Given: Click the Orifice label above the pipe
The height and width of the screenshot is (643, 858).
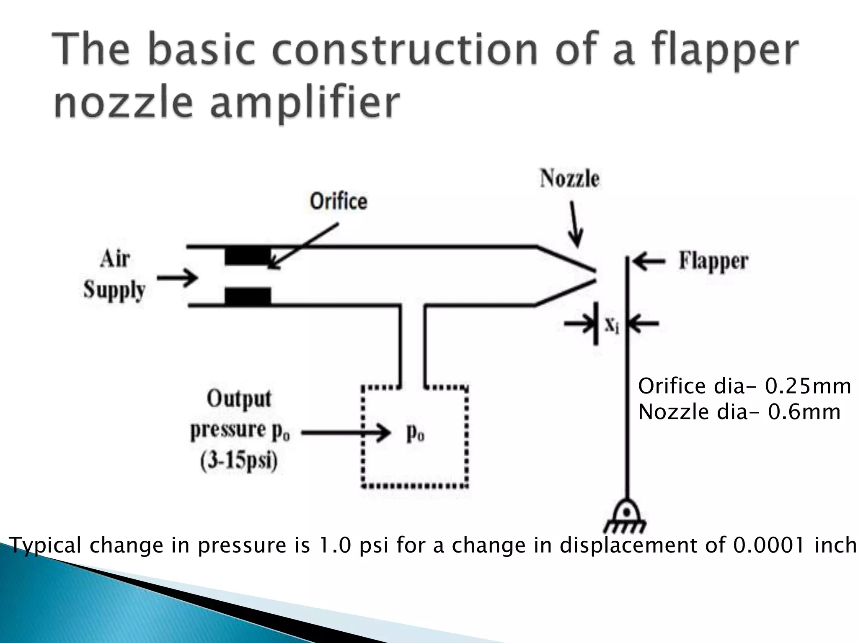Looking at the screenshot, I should tap(339, 201).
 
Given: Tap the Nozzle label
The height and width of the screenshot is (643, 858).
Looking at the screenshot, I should tap(569, 179).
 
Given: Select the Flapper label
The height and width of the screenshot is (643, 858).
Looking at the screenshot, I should tap(713, 261).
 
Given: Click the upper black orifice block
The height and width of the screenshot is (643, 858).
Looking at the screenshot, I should tap(248, 256).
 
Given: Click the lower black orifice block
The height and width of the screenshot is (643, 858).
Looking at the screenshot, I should tap(248, 296).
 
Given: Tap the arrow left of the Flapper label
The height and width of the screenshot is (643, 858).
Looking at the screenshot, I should tap(649, 262).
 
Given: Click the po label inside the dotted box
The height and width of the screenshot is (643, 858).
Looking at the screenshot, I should tap(415, 434).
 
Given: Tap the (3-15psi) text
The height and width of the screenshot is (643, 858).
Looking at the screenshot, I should tap(239, 462).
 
